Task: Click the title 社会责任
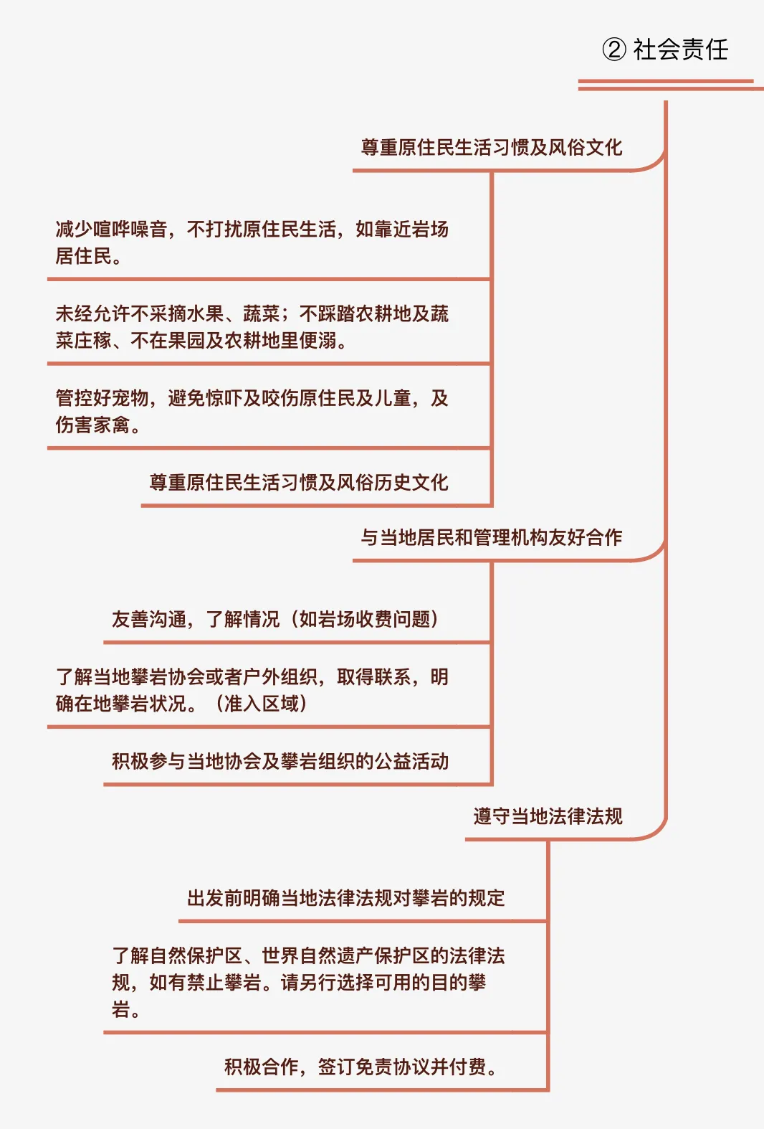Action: tap(680, 49)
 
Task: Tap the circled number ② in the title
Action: tap(613, 49)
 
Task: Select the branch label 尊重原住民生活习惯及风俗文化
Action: tap(492, 148)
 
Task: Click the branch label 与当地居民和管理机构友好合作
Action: tap(492, 537)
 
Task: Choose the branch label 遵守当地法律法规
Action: tap(548, 816)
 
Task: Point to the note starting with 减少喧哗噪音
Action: tap(252, 242)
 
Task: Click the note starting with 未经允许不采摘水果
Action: tap(252, 327)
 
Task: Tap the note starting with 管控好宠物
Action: tap(252, 411)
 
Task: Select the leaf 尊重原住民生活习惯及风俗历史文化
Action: tap(299, 483)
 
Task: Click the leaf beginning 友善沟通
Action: tap(275, 619)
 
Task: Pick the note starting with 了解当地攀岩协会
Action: tap(252, 690)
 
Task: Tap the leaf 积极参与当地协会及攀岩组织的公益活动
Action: tap(280, 761)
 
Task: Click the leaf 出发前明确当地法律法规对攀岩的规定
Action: tap(345, 898)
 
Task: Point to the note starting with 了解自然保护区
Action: tap(308, 983)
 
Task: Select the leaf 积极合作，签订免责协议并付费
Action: tap(361, 1067)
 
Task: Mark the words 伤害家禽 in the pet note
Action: tap(93, 425)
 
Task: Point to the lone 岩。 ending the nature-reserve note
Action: tap(125, 1010)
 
